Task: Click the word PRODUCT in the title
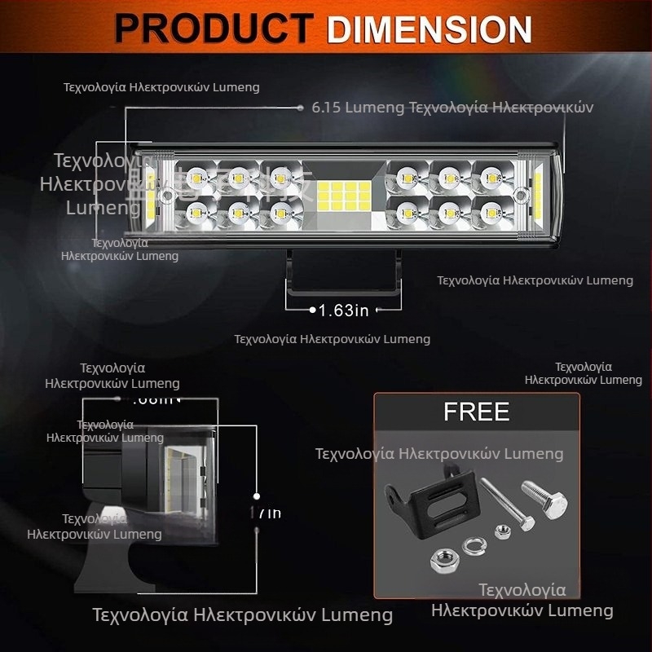(214, 29)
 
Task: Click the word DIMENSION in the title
(430, 29)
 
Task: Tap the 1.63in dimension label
(343, 310)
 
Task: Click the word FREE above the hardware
(476, 412)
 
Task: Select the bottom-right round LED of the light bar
(489, 214)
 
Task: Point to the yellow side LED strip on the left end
(152, 196)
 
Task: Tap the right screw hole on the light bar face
(518, 195)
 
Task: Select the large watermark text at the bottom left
(242, 614)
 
